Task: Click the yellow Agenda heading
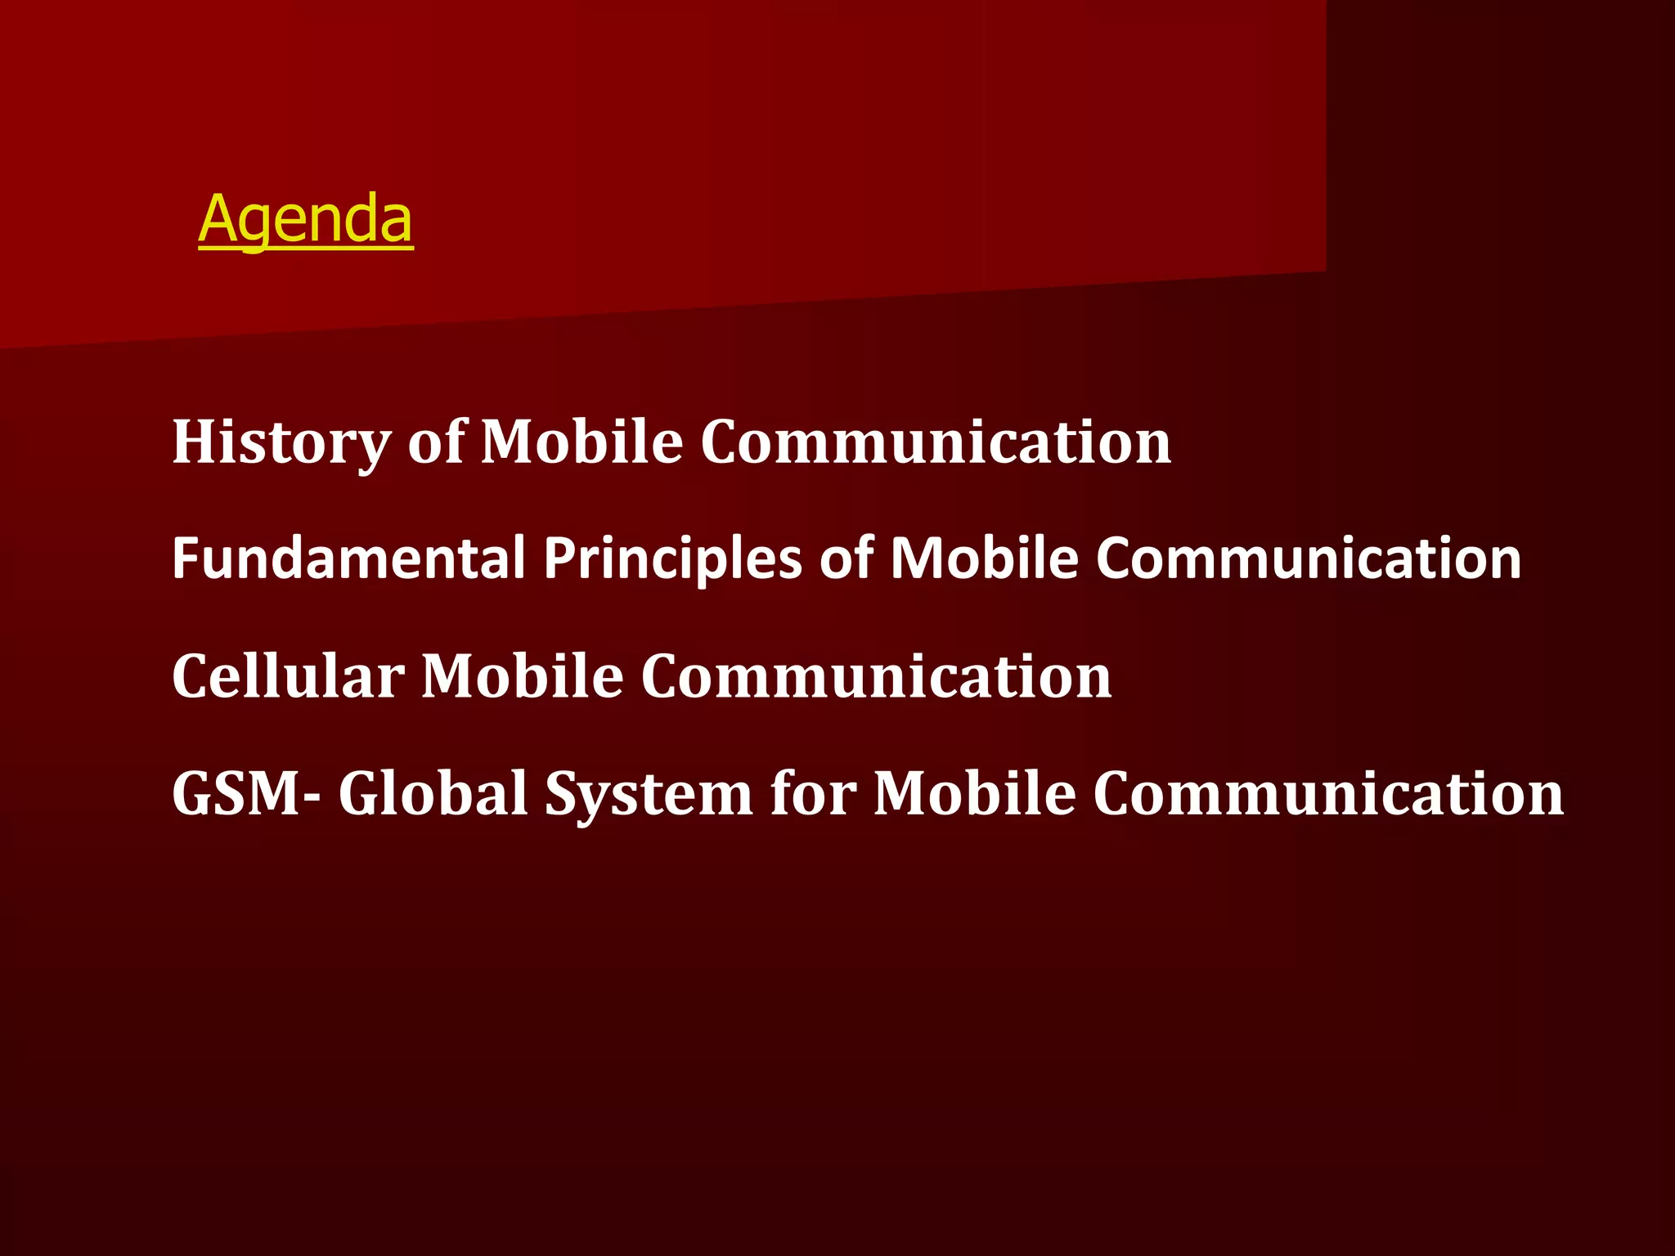(x=305, y=219)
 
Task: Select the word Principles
(x=672, y=558)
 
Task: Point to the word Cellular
(x=288, y=676)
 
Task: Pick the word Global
(x=433, y=793)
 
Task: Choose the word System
(x=649, y=793)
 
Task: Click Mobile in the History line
(x=582, y=442)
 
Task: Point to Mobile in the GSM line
(x=974, y=793)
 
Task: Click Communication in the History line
(x=936, y=442)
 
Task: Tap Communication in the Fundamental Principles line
(x=1309, y=558)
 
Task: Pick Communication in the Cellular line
(x=876, y=676)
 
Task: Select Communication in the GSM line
(x=1328, y=793)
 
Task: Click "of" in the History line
(x=436, y=442)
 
